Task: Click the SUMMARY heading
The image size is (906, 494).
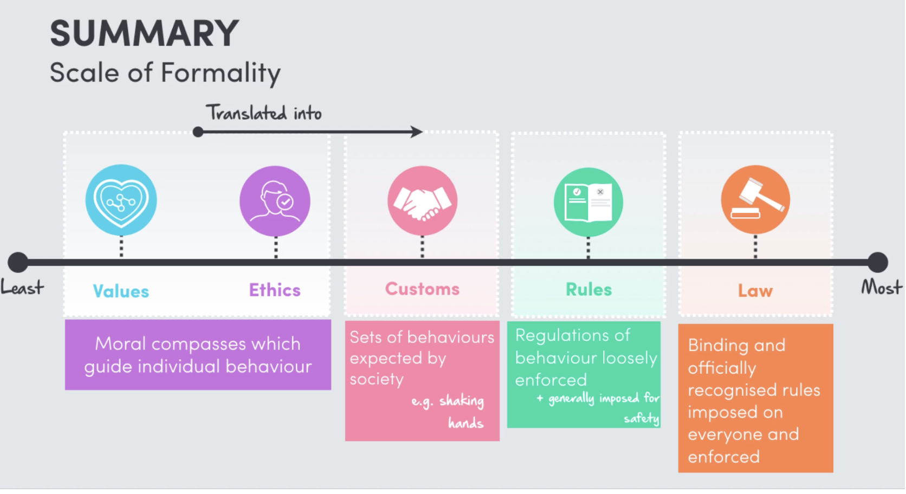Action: tap(144, 34)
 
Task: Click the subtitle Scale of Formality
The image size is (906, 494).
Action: tap(165, 73)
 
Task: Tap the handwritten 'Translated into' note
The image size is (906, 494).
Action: tap(264, 113)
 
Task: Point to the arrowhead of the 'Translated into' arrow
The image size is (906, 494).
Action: tap(417, 132)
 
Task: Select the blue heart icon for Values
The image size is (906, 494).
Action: tap(121, 200)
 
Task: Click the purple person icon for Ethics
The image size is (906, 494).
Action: tap(275, 201)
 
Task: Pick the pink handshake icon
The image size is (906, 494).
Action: tap(422, 201)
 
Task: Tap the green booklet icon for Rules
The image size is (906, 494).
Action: tap(588, 202)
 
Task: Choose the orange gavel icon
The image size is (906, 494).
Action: tap(755, 200)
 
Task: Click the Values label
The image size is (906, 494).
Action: tap(121, 291)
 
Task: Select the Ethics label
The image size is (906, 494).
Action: tap(275, 290)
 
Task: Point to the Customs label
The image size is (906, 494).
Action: tap(422, 289)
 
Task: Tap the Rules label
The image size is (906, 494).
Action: tap(588, 290)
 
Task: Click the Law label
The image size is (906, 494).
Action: tap(755, 291)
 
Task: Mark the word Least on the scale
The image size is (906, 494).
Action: tap(22, 287)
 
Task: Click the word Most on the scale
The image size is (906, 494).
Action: tap(882, 287)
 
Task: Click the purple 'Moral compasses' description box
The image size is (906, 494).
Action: tap(198, 355)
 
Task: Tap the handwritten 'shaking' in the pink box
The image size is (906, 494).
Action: tap(462, 401)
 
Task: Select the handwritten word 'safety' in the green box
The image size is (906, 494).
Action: tap(642, 418)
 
